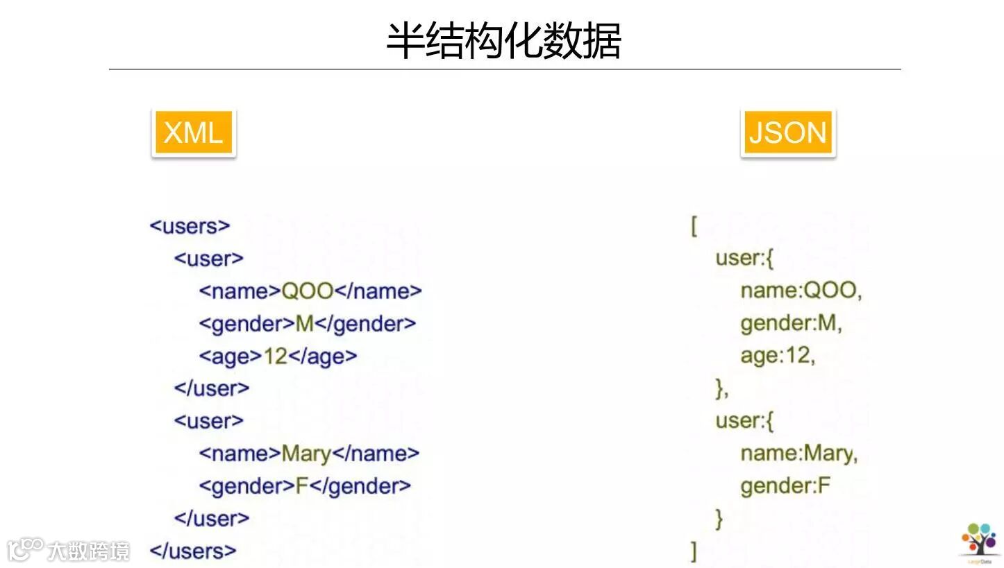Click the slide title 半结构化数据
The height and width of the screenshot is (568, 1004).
(x=503, y=41)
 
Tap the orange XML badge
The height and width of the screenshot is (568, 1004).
(x=193, y=132)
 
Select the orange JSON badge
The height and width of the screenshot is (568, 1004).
(x=787, y=132)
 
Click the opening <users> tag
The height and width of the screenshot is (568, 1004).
(x=190, y=226)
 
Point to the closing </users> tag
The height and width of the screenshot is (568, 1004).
(x=192, y=551)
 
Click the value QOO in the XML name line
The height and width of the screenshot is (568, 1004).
(x=307, y=291)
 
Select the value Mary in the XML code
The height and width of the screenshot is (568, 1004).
(x=306, y=454)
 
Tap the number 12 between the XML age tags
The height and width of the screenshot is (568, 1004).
(x=275, y=356)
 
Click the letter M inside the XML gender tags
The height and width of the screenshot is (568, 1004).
(x=305, y=323)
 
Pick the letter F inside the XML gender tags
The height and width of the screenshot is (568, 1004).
(x=301, y=485)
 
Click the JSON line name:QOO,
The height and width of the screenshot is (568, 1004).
(x=801, y=290)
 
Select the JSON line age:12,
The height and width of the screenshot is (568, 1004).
(x=778, y=355)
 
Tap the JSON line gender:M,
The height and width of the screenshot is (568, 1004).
(x=791, y=322)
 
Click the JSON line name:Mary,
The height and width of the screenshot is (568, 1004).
(x=799, y=454)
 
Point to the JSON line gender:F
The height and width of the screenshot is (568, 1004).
(x=785, y=485)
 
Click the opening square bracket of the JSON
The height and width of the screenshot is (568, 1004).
(x=694, y=226)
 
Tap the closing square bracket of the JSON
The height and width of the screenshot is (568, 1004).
(x=694, y=551)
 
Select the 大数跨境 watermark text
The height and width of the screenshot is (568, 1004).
(x=88, y=551)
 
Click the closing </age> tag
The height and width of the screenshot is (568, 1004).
(x=322, y=356)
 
